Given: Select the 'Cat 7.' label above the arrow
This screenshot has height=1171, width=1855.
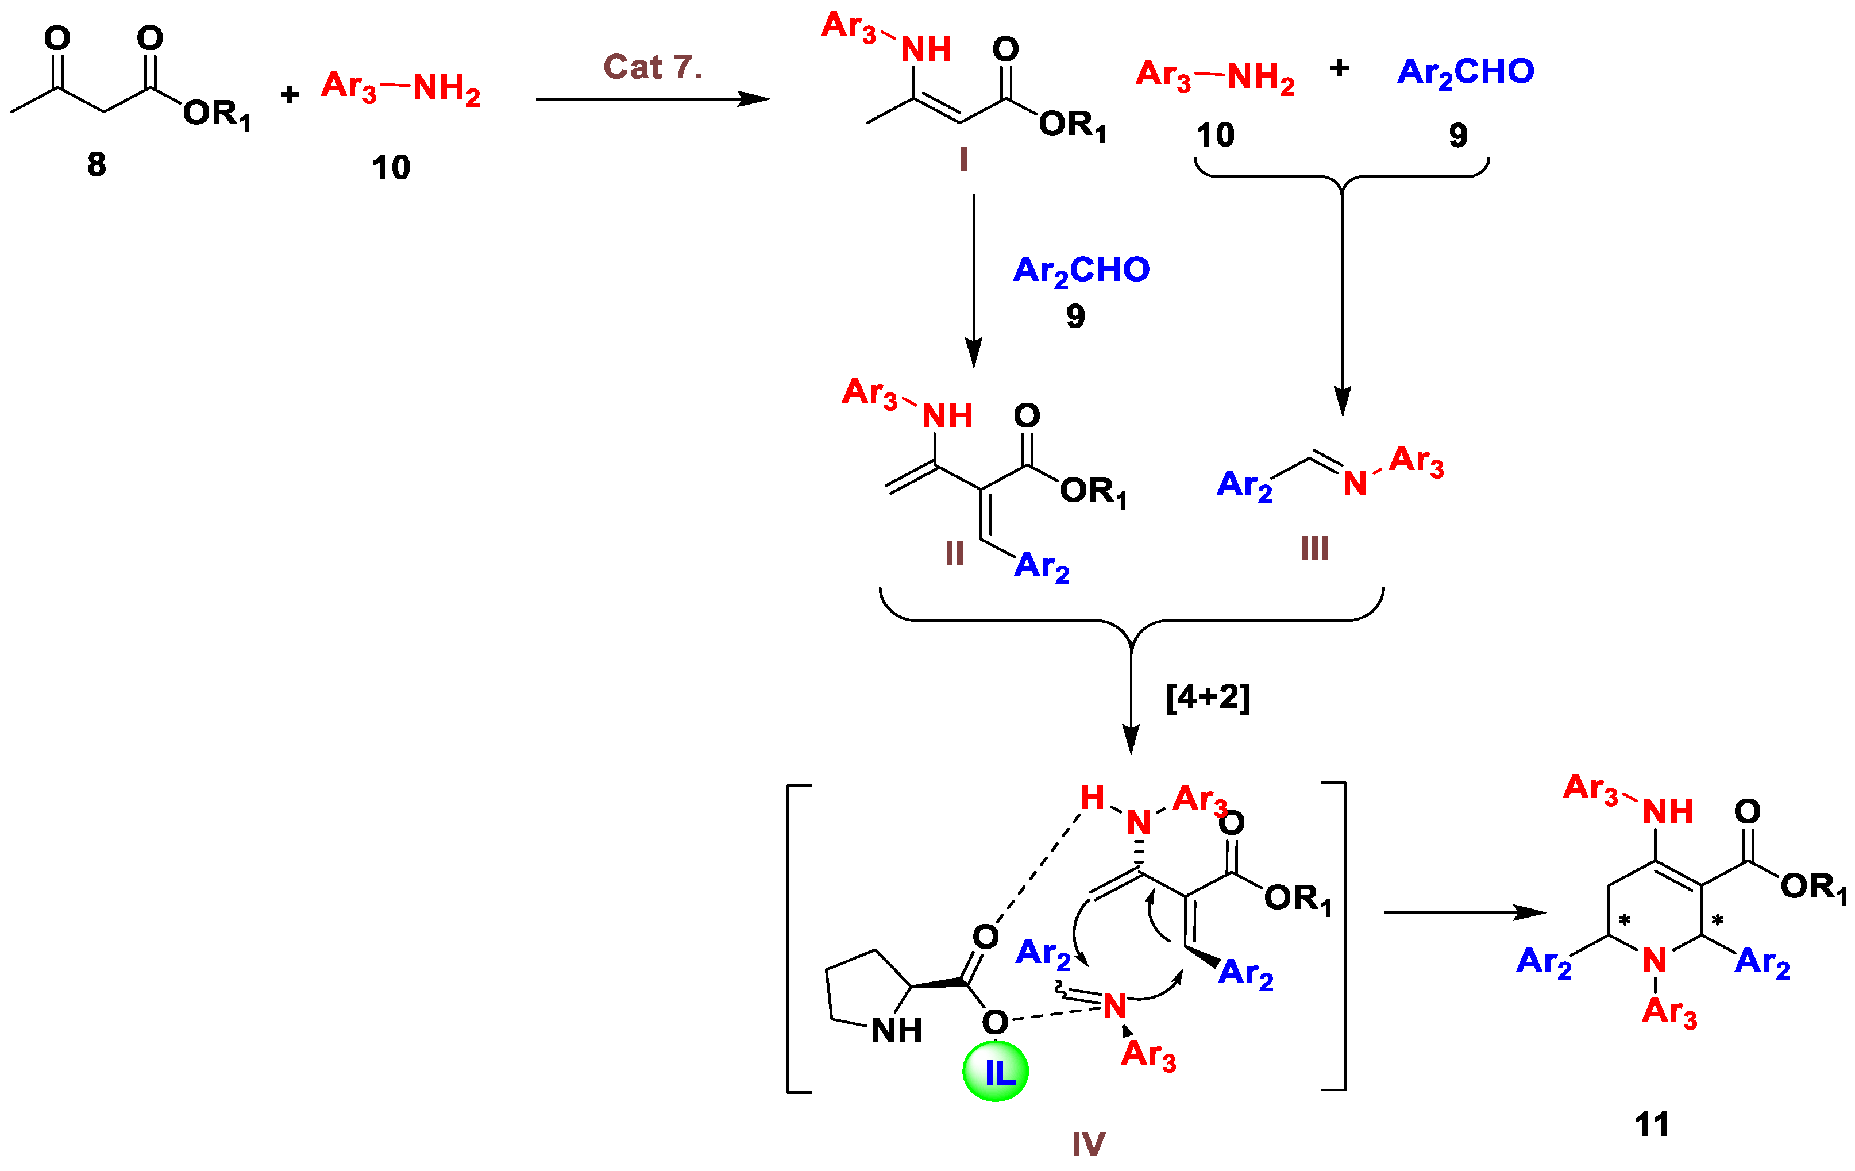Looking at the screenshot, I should click(x=653, y=67).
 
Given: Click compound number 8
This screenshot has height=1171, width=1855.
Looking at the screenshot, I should click(x=97, y=164).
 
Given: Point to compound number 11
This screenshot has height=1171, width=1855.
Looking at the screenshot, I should click(x=1652, y=1124).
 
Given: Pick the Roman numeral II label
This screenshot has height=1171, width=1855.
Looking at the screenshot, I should click(x=954, y=553).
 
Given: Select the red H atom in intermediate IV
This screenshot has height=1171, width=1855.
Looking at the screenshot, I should click(x=1092, y=798).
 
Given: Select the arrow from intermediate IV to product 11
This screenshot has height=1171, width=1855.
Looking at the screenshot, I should click(x=1464, y=913).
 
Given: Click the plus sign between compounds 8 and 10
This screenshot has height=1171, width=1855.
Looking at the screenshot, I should click(x=290, y=95).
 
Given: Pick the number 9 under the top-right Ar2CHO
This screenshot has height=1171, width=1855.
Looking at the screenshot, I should click(x=1457, y=136).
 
